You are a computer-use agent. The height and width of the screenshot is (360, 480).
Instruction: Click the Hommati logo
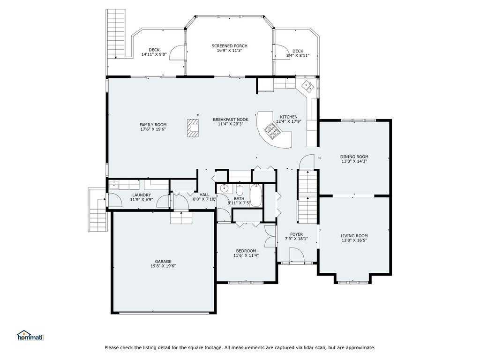31,336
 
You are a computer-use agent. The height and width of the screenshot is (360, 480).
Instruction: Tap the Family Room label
153,125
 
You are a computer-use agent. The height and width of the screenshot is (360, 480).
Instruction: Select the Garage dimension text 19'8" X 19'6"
163,266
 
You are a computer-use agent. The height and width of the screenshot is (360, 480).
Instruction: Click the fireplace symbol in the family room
193,127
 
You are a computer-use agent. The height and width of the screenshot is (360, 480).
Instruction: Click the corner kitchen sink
308,86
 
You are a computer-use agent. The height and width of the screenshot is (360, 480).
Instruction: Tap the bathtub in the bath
255,195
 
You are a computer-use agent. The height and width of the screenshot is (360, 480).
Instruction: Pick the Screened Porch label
230,46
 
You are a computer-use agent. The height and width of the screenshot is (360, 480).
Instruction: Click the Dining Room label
354,157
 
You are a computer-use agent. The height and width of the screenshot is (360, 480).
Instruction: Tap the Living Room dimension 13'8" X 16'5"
354,240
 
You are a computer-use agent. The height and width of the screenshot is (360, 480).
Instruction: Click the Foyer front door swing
297,255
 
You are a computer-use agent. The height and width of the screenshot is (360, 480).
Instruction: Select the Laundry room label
142,195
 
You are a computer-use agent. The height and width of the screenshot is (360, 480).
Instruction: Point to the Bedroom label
246,251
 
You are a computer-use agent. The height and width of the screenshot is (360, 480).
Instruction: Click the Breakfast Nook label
231,120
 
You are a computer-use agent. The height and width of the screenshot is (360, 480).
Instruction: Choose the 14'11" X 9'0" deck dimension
154,54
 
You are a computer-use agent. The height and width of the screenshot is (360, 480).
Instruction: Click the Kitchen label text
289,117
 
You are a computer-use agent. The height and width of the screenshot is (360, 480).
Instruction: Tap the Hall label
204,195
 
